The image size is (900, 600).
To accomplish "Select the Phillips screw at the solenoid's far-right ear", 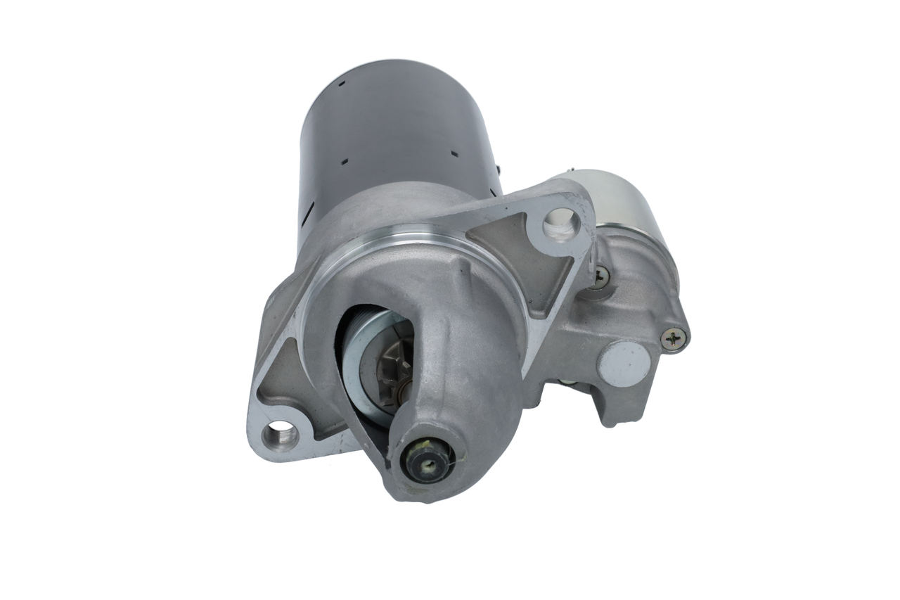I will (674, 338).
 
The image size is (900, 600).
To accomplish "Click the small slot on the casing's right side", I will (454, 153).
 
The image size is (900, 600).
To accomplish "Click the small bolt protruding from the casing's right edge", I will (498, 170).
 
